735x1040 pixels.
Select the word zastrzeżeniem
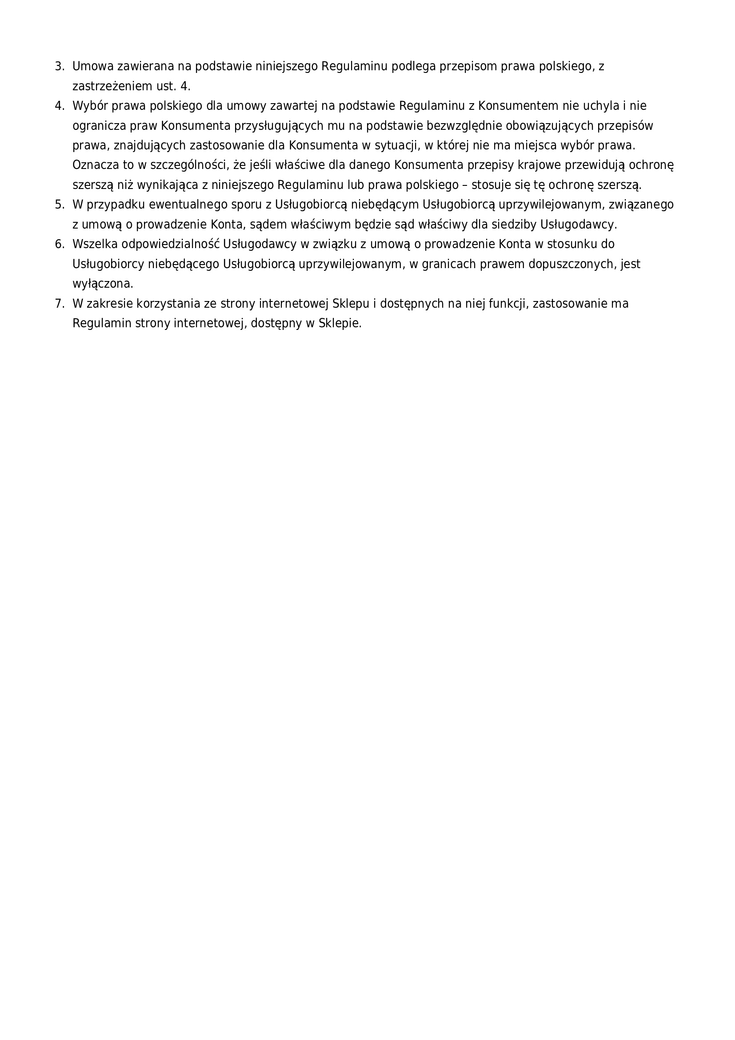[x=112, y=87]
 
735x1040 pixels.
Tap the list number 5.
[x=59, y=205]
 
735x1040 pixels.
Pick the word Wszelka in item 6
[x=95, y=245]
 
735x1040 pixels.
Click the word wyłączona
[x=103, y=284]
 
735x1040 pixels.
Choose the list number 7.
[x=59, y=304]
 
